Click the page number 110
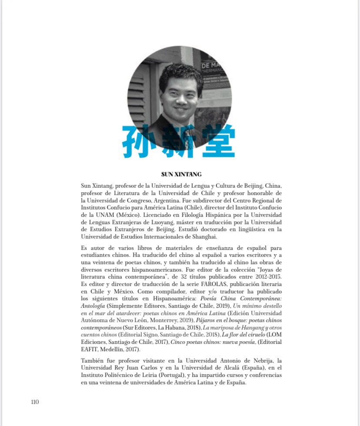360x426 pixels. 35,402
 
